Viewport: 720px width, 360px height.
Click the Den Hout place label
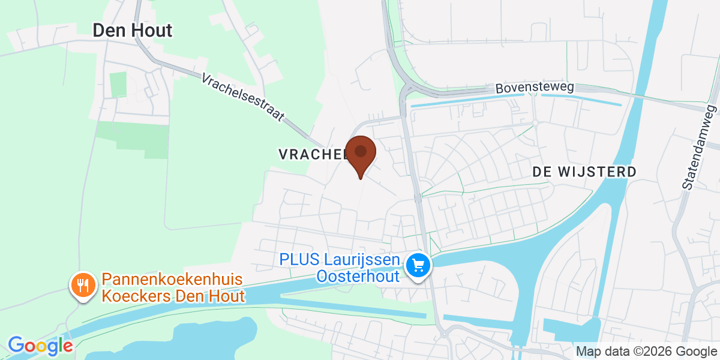[132, 31]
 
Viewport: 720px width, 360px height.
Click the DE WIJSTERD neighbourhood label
[584, 172]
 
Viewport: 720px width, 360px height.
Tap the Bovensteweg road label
[535, 88]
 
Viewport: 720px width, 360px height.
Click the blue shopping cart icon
[418, 265]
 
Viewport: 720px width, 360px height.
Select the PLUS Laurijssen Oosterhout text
[340, 268]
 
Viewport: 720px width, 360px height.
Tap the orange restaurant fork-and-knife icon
[82, 284]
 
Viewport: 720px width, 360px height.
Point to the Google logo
[40, 346]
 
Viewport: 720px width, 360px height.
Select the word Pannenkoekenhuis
[172, 279]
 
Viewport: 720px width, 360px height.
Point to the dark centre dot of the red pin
[361, 151]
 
